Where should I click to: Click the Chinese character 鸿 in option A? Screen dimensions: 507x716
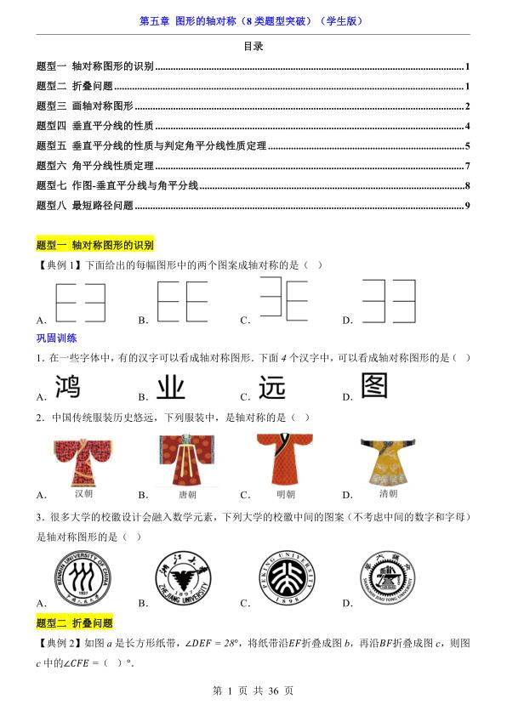tap(73, 387)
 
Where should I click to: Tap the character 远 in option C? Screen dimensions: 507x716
tap(272, 387)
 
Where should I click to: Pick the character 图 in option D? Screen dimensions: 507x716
tap(374, 385)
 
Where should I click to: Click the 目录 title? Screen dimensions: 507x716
tap(253, 47)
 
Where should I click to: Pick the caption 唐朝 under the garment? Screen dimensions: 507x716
tap(182, 494)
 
